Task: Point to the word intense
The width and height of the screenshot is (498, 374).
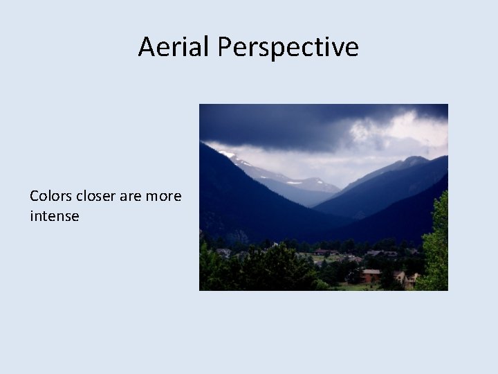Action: click(54, 216)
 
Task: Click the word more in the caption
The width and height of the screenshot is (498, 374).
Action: click(163, 196)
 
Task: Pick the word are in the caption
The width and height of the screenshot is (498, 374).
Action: click(131, 196)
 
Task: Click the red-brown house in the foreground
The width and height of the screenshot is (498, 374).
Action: click(371, 275)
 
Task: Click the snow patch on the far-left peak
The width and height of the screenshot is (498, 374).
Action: click(227, 154)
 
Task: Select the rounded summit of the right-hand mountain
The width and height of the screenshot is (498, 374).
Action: click(415, 161)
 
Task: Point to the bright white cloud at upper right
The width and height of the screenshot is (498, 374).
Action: click(415, 128)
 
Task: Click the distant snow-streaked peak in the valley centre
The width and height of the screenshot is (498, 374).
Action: click(304, 184)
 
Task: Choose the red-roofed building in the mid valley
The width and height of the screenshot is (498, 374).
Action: click(322, 252)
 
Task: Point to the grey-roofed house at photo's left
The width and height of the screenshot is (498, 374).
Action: click(223, 252)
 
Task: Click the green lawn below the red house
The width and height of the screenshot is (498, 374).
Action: click(367, 286)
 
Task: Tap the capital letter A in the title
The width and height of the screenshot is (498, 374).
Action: click(147, 47)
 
